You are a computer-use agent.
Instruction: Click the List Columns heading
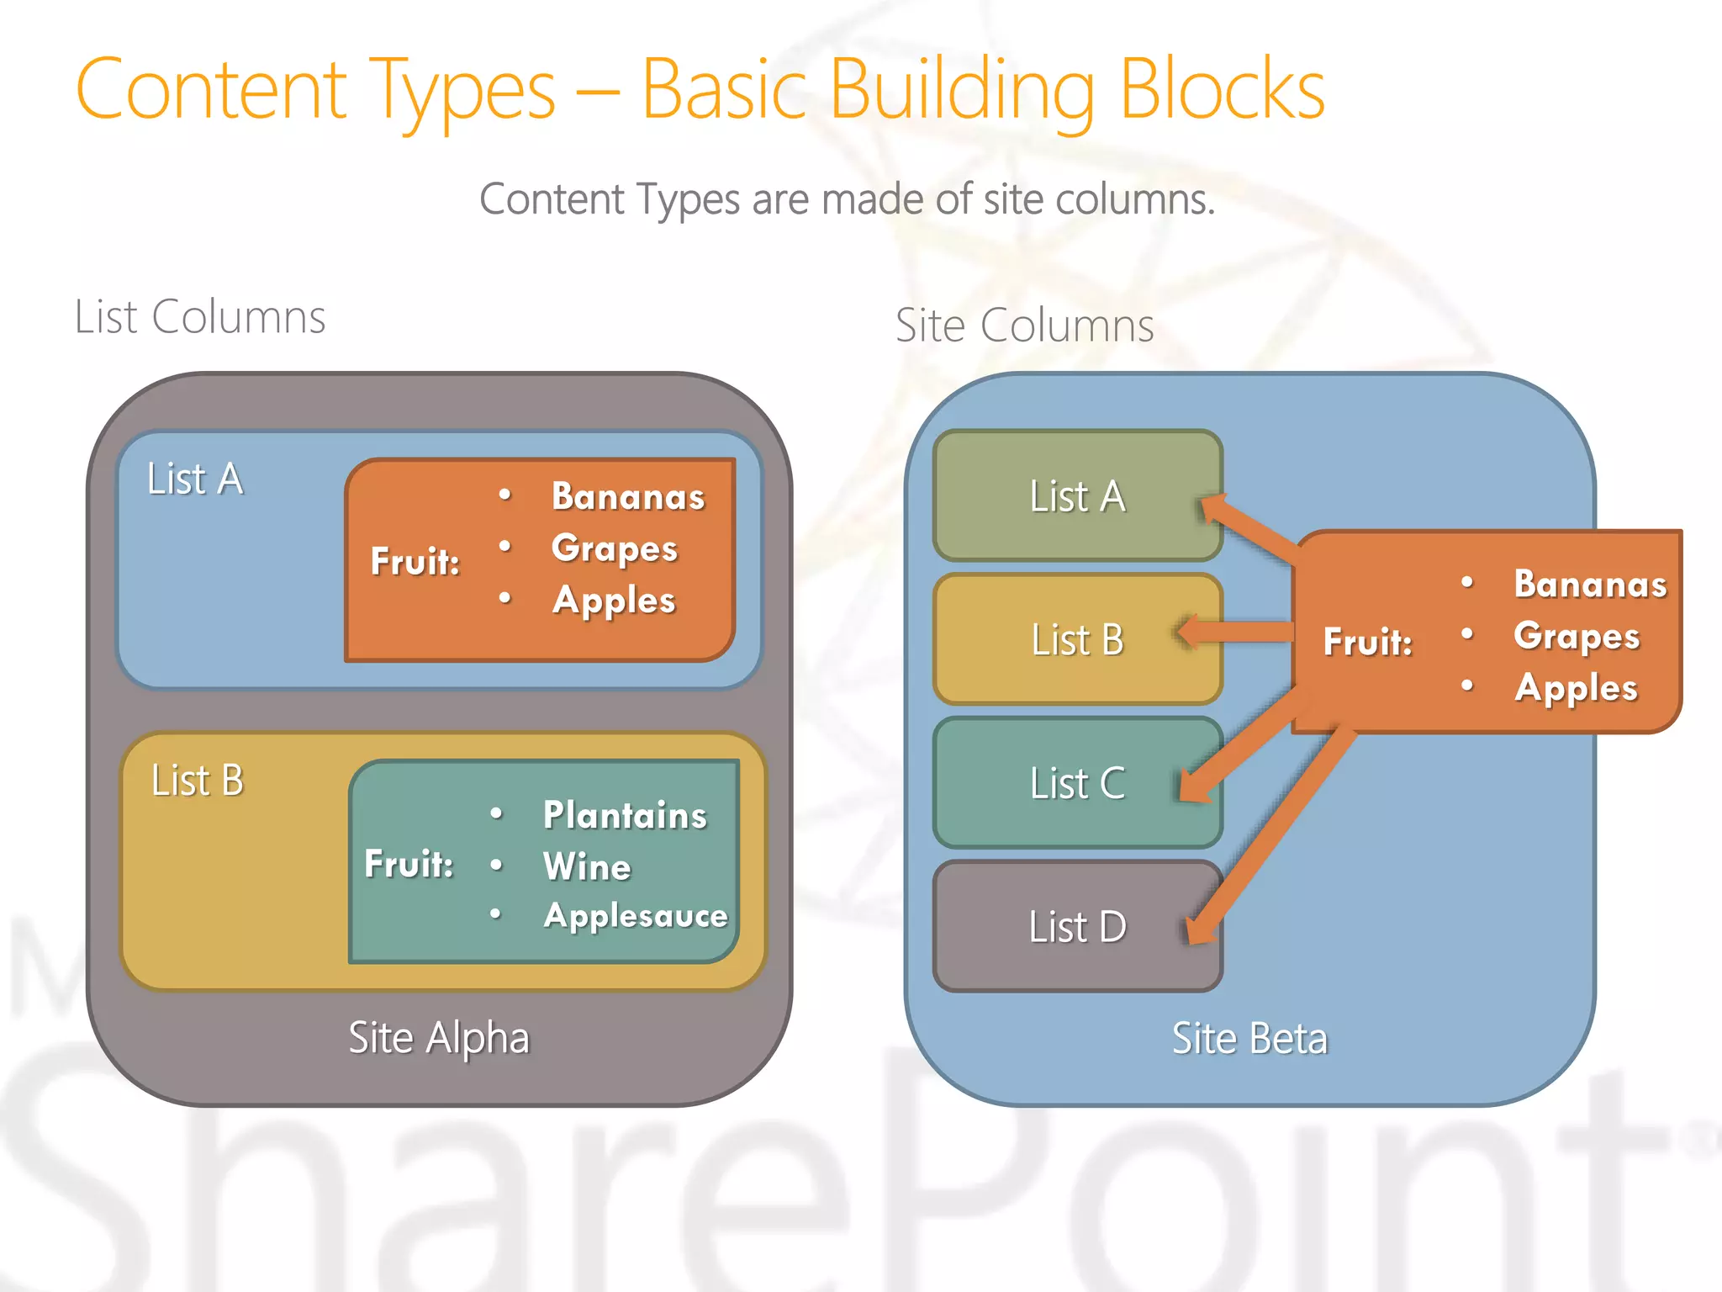(x=200, y=317)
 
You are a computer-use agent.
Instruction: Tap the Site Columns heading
(x=1024, y=326)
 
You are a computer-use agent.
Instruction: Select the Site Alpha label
(x=439, y=1038)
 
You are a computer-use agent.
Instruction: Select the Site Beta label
(x=1249, y=1039)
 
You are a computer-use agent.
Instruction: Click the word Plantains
(x=625, y=815)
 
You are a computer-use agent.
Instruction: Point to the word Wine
(x=587, y=866)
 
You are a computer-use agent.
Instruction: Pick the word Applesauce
(x=636, y=915)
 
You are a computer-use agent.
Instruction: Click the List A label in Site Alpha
(x=195, y=479)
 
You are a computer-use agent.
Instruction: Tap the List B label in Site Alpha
(x=198, y=781)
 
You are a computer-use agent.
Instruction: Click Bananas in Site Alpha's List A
(x=628, y=497)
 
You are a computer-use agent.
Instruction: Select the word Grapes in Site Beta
(x=1577, y=637)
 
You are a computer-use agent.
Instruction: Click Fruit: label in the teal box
(x=409, y=864)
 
